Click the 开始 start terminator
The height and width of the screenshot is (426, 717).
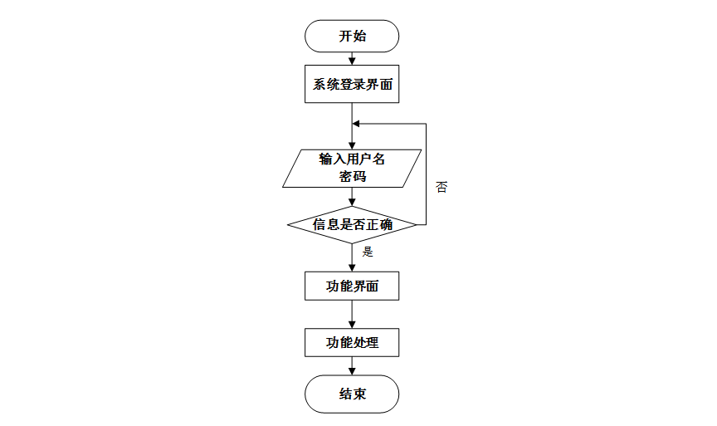pyautogui.click(x=352, y=37)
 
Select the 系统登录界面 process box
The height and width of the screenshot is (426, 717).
pyautogui.click(x=352, y=85)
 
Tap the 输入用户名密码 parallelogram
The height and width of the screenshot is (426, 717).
pyautogui.click(x=352, y=168)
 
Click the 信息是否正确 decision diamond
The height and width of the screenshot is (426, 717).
pyautogui.click(x=352, y=224)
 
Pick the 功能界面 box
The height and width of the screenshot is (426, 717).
pyautogui.click(x=352, y=286)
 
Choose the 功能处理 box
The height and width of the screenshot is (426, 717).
pyautogui.click(x=352, y=341)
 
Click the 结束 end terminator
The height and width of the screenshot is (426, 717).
pyautogui.click(x=352, y=394)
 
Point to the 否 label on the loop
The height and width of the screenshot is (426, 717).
pyautogui.click(x=441, y=187)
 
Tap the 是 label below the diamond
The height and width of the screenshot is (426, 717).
pyautogui.click(x=368, y=252)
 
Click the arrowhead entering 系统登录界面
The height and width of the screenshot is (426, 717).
pyautogui.click(x=352, y=61)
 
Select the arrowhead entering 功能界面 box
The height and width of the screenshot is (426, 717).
pyautogui.click(x=352, y=267)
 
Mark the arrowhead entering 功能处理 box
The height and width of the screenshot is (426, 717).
pyautogui.click(x=352, y=322)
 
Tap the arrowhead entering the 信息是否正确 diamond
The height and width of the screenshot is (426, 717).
pyautogui.click(x=352, y=202)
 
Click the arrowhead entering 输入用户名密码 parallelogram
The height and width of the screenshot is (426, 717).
pyautogui.click(x=352, y=144)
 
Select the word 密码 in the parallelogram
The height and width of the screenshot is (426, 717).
pyautogui.click(x=352, y=177)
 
